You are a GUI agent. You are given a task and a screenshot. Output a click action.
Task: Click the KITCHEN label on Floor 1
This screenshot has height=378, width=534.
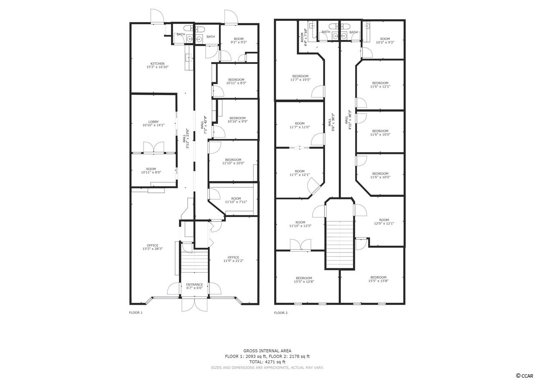(157, 64)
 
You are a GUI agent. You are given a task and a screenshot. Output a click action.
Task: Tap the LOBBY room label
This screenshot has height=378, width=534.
(154, 122)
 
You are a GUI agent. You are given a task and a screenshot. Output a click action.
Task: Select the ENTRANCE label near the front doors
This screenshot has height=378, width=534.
(194, 285)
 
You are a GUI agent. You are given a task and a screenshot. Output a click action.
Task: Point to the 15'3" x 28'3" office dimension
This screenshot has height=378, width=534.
(153, 249)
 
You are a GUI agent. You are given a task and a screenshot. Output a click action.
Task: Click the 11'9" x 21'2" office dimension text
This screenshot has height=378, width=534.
(233, 261)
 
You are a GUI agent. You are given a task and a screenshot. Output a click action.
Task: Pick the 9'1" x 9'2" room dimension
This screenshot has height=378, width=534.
(239, 42)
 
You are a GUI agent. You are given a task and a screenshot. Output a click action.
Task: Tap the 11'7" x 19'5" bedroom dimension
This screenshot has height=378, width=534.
(300, 80)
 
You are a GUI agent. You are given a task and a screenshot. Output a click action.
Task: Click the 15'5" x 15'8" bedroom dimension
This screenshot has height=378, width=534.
(378, 281)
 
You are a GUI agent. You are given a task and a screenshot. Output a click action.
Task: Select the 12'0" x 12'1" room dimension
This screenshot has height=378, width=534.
(384, 223)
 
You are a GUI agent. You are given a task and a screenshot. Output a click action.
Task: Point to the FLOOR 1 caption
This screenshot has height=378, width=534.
(136, 312)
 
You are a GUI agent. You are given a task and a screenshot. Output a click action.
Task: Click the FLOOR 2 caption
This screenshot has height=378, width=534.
(281, 312)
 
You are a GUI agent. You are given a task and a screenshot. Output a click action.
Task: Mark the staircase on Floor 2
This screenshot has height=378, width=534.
(340, 244)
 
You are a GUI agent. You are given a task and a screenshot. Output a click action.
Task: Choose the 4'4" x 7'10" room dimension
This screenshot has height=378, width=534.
(304, 38)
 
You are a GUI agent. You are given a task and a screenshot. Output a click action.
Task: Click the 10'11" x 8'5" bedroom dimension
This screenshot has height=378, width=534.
(236, 83)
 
